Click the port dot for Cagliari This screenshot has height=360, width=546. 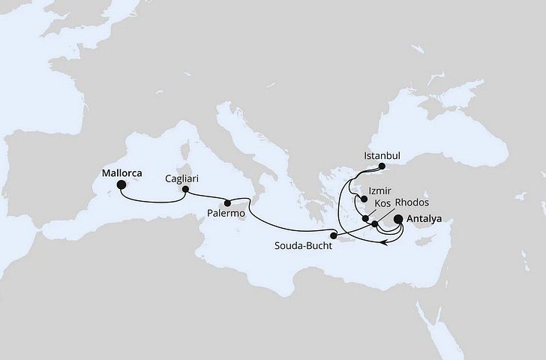point(184,190)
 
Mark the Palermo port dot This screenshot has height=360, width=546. point(226,202)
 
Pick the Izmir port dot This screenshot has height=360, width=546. point(364,199)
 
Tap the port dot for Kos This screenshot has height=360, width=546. point(365,219)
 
